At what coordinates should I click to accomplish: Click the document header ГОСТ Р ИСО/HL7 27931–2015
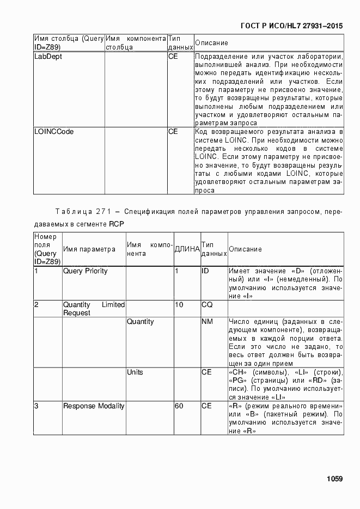coord(291,26)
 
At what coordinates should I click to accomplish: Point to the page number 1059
coord(334,479)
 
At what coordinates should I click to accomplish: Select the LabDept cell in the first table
coord(48,56)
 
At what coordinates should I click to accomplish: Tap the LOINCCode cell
coord(54,132)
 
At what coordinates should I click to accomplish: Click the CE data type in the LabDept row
coord(173,56)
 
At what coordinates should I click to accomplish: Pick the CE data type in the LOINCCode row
coord(173,132)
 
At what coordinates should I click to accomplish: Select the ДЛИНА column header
coord(187,249)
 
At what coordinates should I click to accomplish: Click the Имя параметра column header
coord(89,249)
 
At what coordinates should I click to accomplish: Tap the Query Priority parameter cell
coord(86,271)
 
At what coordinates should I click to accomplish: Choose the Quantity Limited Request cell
coord(94,309)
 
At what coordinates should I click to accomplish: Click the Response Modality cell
coord(94,406)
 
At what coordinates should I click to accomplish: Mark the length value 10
coord(179,305)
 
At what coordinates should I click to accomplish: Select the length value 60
coord(179,406)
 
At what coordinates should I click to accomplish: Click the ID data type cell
coord(205,271)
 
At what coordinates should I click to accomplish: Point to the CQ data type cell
coord(206,305)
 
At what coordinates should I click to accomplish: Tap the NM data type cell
coord(207,322)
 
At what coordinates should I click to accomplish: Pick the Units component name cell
coord(135,372)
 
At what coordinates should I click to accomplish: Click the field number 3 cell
coord(36,406)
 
